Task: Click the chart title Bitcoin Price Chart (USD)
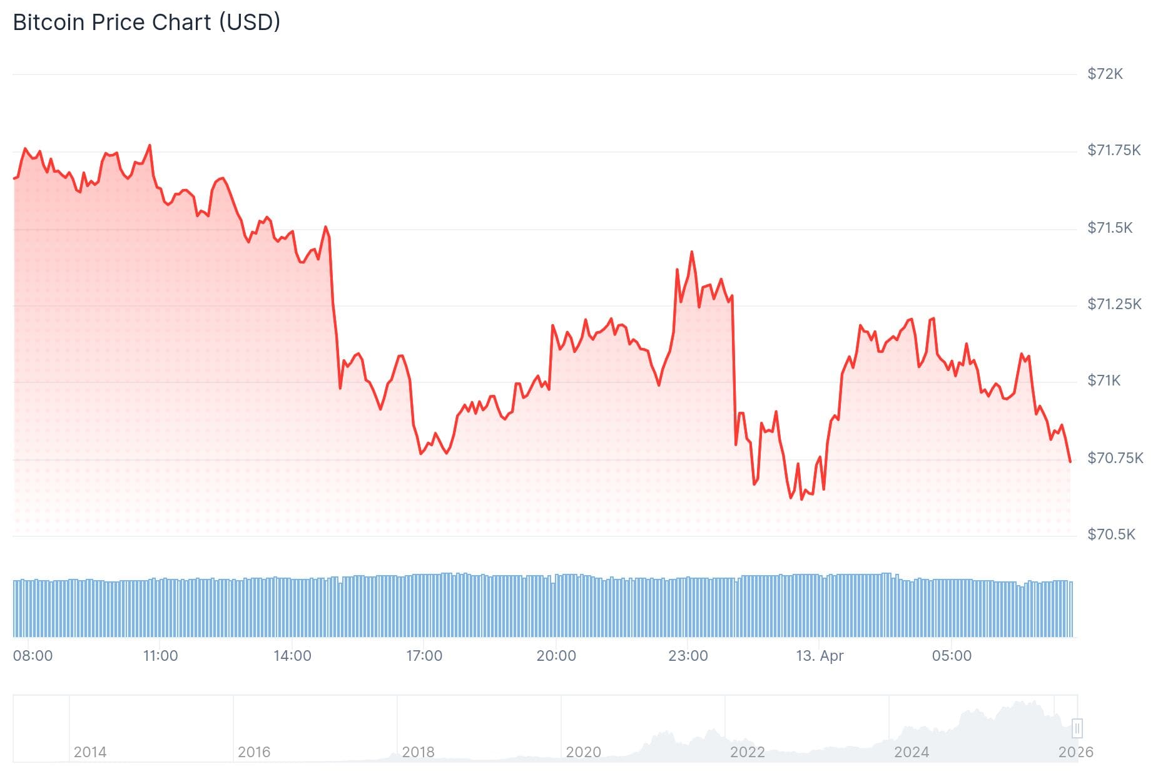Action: pos(146,23)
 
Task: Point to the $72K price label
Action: pos(1105,74)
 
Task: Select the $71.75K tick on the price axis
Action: pos(1114,150)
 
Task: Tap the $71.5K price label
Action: pos(1110,228)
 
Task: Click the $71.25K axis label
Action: pos(1114,304)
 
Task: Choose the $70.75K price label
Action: pos(1115,458)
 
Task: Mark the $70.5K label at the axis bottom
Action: pos(1110,534)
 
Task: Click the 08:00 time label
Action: pos(33,656)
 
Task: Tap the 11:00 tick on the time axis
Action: pos(160,656)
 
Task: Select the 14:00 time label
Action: pos(292,656)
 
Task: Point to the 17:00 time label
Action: pos(424,656)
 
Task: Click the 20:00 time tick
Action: pos(556,656)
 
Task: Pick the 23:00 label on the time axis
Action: pos(688,656)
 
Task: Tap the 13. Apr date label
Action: pos(820,656)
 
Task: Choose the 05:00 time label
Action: pos(952,656)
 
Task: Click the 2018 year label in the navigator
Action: pos(418,752)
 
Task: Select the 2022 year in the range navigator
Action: pos(747,752)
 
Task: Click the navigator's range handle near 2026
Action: pos(1077,728)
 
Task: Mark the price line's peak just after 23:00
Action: pos(691,252)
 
